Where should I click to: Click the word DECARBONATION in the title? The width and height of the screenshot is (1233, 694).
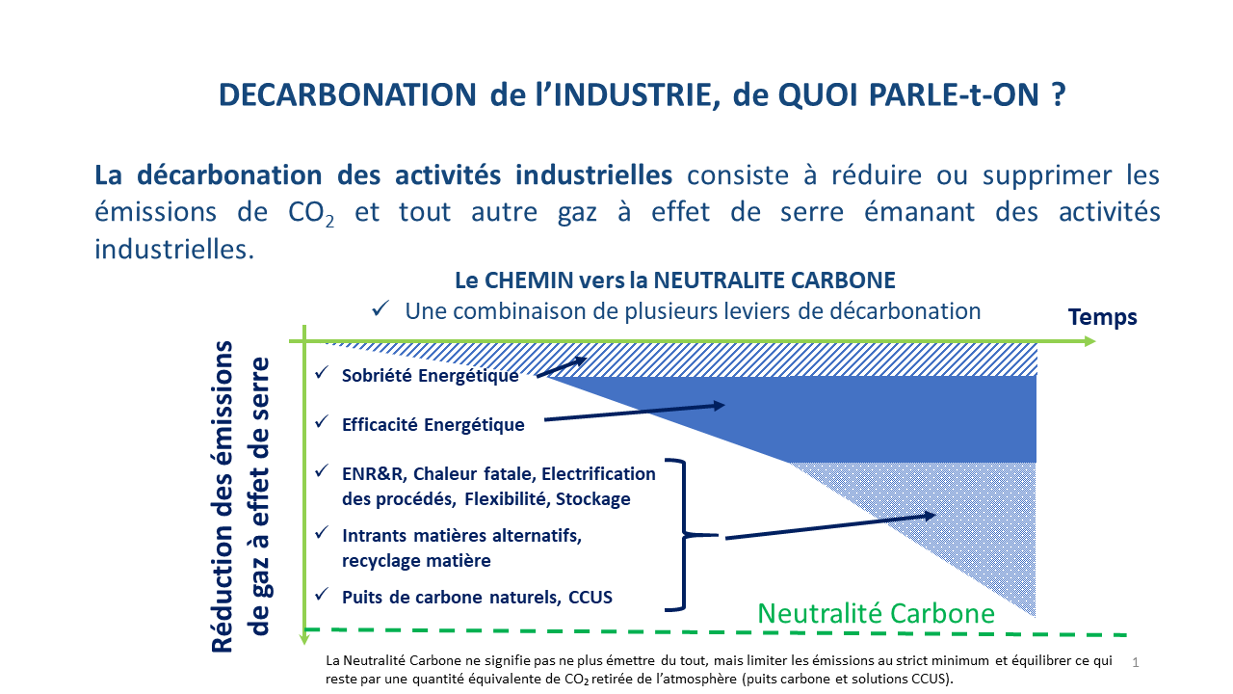point(348,94)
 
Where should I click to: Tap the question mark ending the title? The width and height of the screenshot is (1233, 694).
point(1059,94)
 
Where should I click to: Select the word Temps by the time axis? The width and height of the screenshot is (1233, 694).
point(1103,317)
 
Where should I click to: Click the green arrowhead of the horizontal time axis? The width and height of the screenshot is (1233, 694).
point(1089,341)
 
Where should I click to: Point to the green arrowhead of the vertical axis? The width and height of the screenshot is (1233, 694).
point(304,639)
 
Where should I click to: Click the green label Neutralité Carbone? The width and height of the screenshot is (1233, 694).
point(877,614)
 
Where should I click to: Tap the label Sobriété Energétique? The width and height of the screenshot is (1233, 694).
point(430,376)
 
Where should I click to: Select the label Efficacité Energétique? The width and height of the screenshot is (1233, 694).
point(433,425)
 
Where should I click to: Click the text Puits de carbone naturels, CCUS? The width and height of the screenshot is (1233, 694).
point(477,597)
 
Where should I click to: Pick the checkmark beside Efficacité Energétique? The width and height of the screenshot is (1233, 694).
point(322,422)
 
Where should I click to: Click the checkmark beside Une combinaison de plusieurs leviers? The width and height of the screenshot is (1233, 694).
point(380,308)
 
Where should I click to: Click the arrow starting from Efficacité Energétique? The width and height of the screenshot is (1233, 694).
point(634,413)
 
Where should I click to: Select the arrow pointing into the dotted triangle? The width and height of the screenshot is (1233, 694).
point(830,526)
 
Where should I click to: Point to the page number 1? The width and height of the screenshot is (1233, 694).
point(1136,662)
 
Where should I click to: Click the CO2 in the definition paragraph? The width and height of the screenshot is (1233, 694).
point(311,213)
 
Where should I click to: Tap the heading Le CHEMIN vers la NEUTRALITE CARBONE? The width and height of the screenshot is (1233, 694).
point(675,280)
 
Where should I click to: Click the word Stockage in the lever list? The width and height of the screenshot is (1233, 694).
point(592,499)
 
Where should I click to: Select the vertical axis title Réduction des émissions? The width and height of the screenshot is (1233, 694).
point(223,496)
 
